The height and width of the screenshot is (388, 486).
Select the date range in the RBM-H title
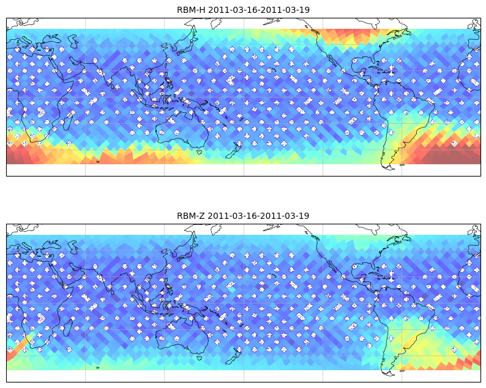(259, 10)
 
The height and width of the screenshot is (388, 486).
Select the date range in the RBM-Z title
(258, 216)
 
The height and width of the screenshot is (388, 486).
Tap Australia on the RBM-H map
(183, 129)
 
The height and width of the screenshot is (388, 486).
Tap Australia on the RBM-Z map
(183, 335)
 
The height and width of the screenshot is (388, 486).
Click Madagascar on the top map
(69, 119)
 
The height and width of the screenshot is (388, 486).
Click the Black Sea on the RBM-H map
(51, 39)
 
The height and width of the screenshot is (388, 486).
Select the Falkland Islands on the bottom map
(402, 371)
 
